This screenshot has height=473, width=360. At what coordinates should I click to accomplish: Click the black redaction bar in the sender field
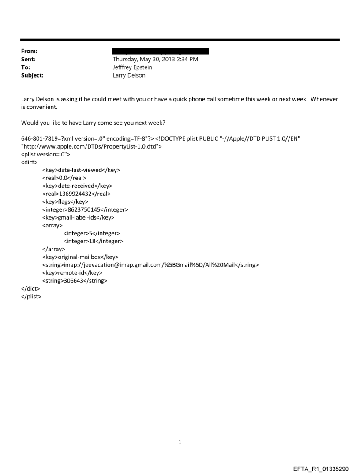point(161,52)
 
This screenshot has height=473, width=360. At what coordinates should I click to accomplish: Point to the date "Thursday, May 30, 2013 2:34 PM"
point(155,60)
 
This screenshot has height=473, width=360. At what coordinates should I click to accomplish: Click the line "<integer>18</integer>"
point(93,241)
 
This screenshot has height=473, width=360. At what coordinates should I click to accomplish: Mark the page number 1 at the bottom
point(180,442)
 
